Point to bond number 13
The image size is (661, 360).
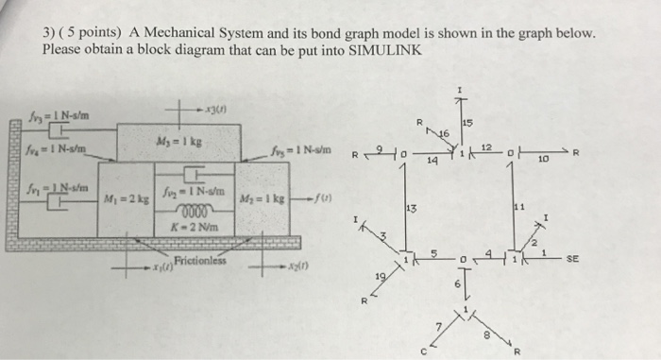(410, 207)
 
